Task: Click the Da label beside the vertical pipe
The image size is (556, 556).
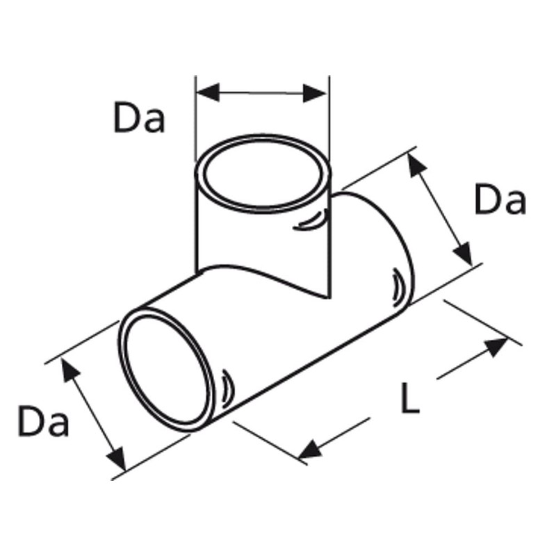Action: tap(140, 118)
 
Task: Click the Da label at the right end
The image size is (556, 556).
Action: tap(500, 201)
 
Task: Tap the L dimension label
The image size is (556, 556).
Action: tap(410, 400)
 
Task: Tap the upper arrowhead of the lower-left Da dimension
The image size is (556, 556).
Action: tap(68, 370)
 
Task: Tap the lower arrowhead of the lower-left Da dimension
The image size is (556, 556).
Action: tap(116, 459)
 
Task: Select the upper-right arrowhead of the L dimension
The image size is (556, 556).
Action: tap(496, 345)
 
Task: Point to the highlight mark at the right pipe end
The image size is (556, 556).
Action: tap(395, 284)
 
